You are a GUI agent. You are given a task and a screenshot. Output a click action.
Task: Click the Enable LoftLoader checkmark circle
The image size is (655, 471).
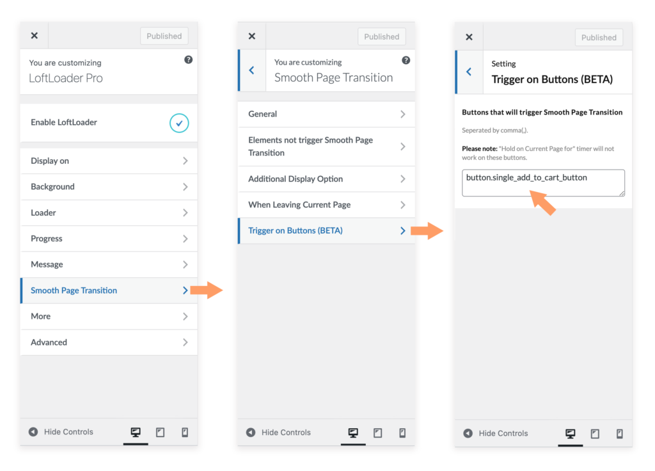pyautogui.click(x=179, y=123)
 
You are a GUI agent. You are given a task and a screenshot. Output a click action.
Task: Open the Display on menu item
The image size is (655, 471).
pyautogui.click(x=109, y=161)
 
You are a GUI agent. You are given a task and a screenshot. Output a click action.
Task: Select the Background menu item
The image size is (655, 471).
pyautogui.click(x=109, y=187)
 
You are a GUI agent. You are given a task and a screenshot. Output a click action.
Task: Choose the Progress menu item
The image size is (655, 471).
pyautogui.click(x=109, y=239)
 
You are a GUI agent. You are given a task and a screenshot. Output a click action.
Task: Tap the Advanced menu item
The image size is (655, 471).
pyautogui.click(x=109, y=342)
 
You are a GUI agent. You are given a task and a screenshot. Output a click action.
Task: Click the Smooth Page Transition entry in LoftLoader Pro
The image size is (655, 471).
pyautogui.click(x=109, y=291)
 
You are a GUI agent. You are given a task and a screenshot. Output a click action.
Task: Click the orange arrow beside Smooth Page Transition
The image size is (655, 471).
pyautogui.click(x=206, y=291)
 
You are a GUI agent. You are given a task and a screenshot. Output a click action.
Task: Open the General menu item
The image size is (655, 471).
pyautogui.click(x=326, y=114)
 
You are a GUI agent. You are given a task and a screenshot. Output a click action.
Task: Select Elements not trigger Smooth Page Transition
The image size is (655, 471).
pyautogui.click(x=326, y=146)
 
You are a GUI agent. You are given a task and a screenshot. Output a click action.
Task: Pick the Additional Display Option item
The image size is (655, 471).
pyautogui.click(x=326, y=179)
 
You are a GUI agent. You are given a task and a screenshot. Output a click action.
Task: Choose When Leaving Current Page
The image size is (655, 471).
pyautogui.click(x=326, y=205)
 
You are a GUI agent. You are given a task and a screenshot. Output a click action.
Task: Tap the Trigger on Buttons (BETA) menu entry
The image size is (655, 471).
pyautogui.click(x=326, y=230)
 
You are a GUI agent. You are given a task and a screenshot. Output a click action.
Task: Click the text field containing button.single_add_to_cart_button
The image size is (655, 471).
pyautogui.click(x=543, y=183)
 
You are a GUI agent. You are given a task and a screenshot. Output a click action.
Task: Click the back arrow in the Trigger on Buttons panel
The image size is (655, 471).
pyautogui.click(x=469, y=72)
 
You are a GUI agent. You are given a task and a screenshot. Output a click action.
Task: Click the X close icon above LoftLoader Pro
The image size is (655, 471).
pyautogui.click(x=35, y=36)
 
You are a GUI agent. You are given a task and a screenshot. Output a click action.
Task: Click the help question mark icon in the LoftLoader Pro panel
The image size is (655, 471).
pyautogui.click(x=188, y=60)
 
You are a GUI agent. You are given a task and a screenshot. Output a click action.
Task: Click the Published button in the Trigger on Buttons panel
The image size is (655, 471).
pyautogui.click(x=599, y=38)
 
